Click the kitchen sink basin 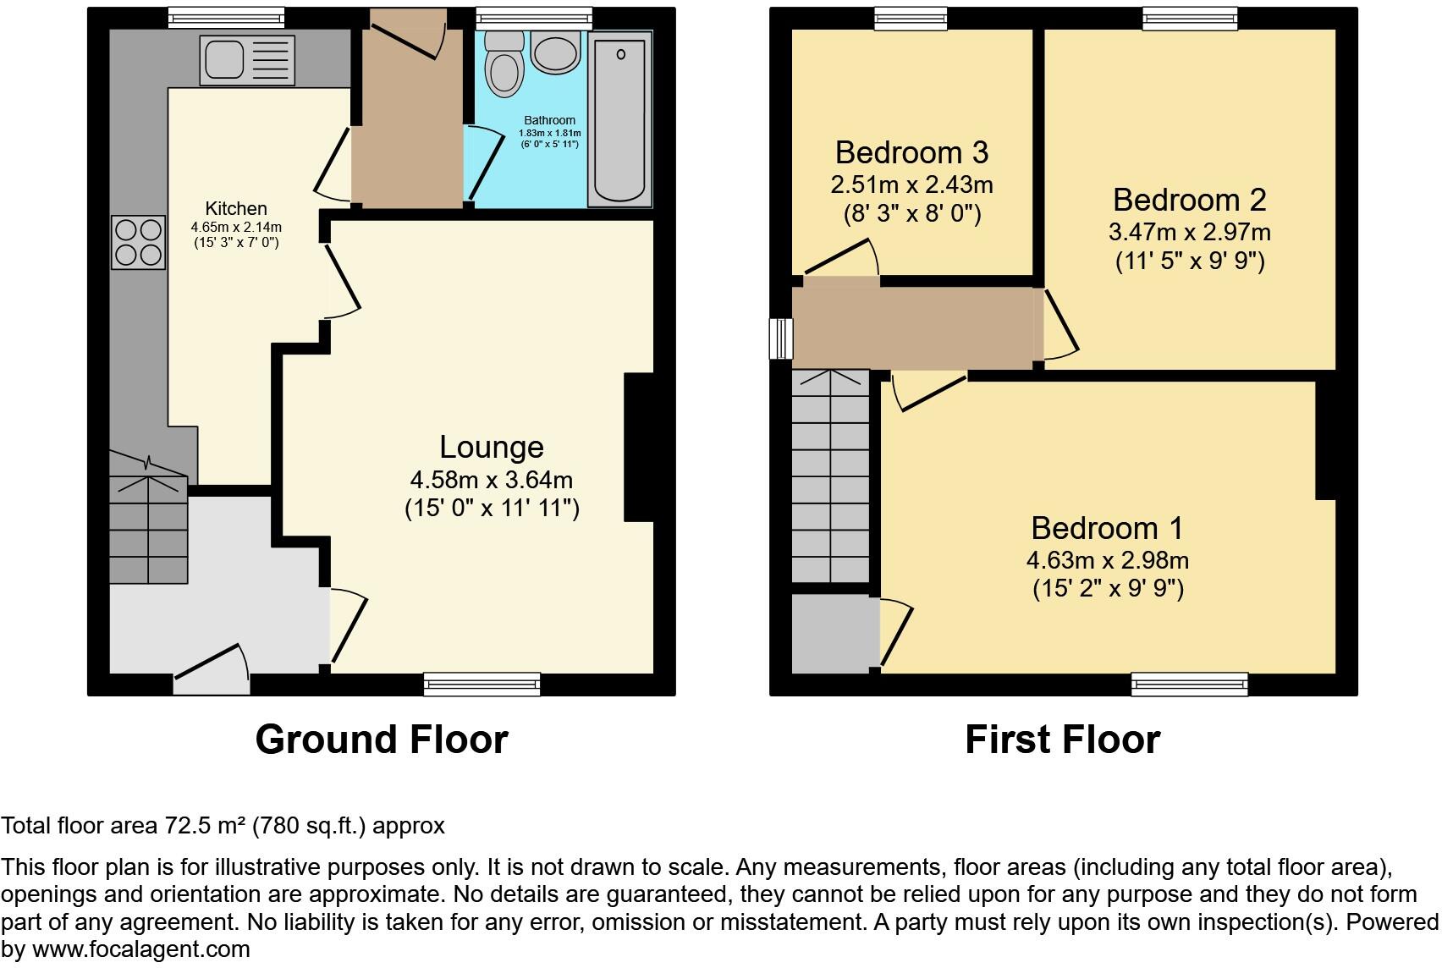pyautogui.click(x=223, y=59)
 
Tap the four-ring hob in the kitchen pyautogui.click(x=139, y=242)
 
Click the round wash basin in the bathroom pyautogui.click(x=555, y=52)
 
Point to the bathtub pyautogui.click(x=619, y=119)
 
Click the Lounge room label pyautogui.click(x=492, y=447)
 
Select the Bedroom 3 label pyautogui.click(x=911, y=152)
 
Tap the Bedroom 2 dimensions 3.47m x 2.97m pyautogui.click(x=1190, y=232)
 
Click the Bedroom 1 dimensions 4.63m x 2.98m pyautogui.click(x=1107, y=560)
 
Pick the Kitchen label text pyautogui.click(x=236, y=208)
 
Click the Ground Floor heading pyautogui.click(x=382, y=740)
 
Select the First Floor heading pyautogui.click(x=1063, y=740)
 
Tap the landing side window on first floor pyautogui.click(x=781, y=338)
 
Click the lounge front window pyautogui.click(x=482, y=685)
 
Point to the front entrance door pyautogui.click(x=212, y=670)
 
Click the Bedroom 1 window pyautogui.click(x=1190, y=685)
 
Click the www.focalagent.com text pyautogui.click(x=141, y=949)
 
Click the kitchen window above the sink pyautogui.click(x=226, y=18)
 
